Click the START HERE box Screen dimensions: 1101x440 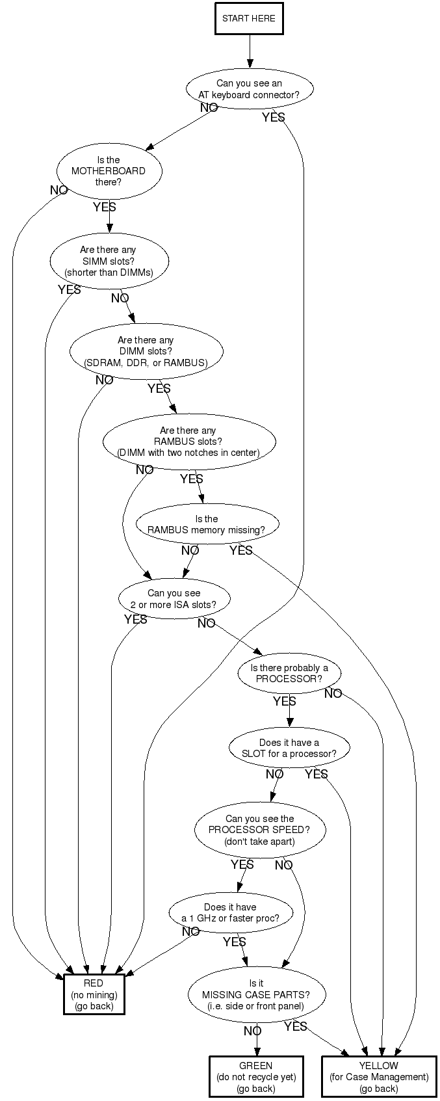[x=249, y=18]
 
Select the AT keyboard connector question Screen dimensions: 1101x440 [x=249, y=89]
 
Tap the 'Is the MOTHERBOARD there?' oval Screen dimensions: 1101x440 [x=109, y=171]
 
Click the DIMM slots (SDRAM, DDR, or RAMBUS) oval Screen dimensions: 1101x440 [x=146, y=351]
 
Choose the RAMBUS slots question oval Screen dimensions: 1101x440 [x=188, y=442]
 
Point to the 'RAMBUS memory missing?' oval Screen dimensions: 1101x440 [x=207, y=524]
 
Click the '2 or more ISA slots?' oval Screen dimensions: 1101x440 [x=174, y=598]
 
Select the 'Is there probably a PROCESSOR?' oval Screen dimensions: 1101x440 [x=289, y=673]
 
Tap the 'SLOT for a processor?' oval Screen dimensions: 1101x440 [x=289, y=748]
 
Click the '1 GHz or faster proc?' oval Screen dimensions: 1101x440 [x=230, y=912]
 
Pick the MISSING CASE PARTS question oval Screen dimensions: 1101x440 [x=256, y=994]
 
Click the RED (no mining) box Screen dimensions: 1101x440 [x=94, y=994]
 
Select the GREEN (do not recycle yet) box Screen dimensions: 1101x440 [x=256, y=1077]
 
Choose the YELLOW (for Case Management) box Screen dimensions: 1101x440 [x=379, y=1077]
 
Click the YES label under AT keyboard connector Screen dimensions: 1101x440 [x=273, y=118]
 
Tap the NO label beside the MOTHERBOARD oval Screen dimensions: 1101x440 [x=59, y=191]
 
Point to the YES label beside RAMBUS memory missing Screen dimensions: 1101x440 [x=240, y=551]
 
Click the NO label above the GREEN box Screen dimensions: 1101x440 [x=252, y=1031]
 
